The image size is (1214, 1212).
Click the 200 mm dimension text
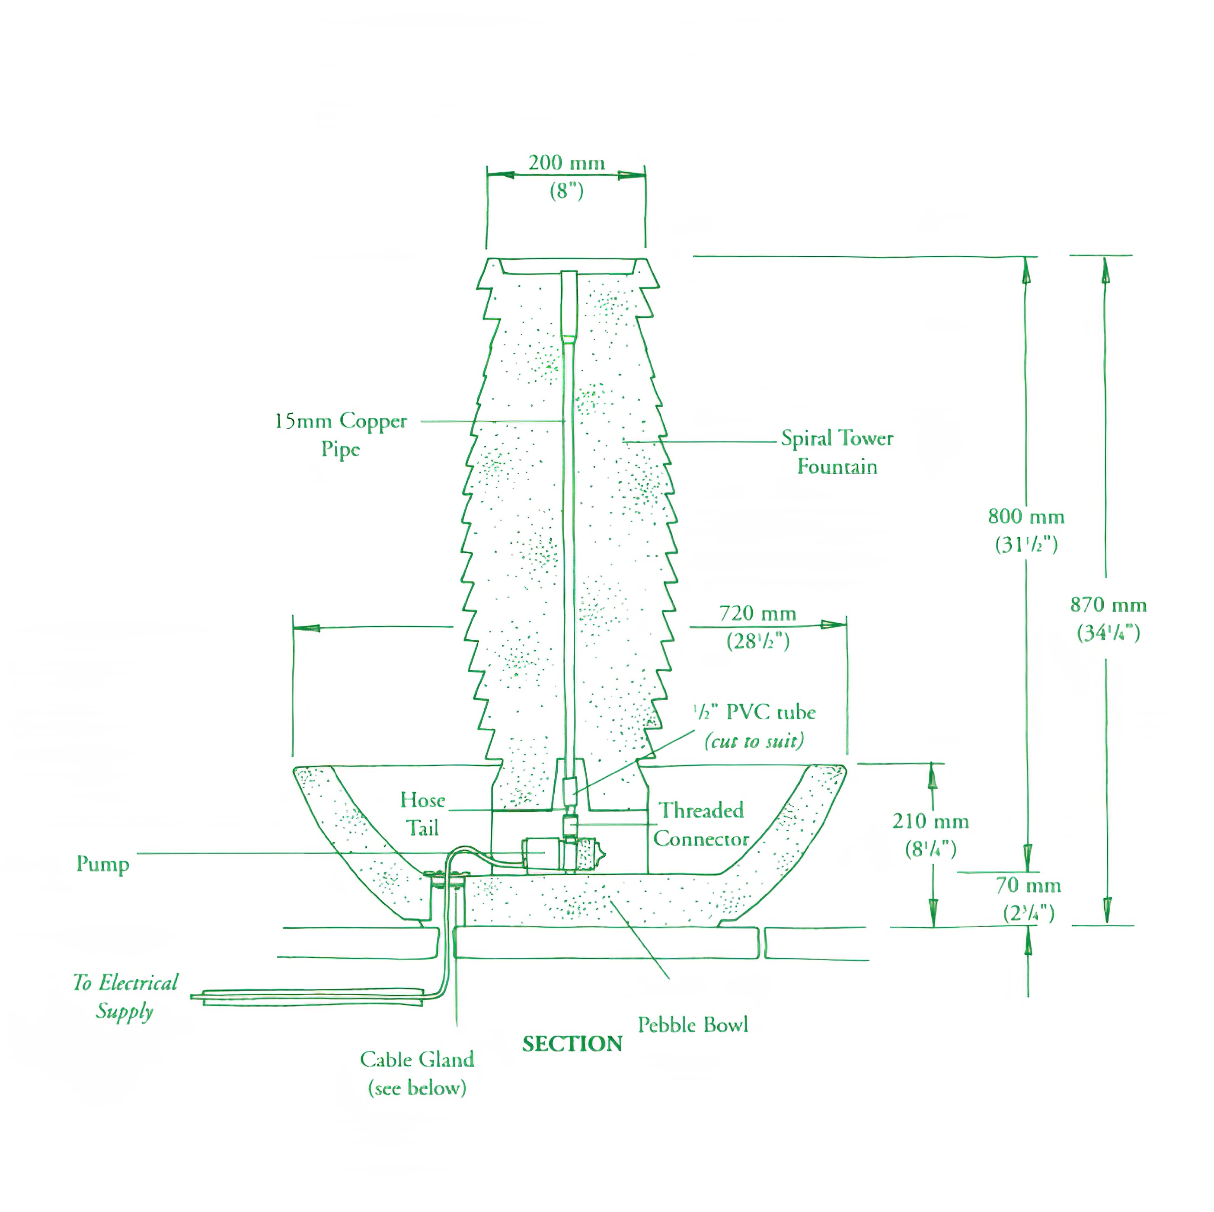tap(566, 163)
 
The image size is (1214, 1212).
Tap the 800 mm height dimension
tap(1026, 517)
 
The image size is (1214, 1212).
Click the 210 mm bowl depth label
tap(930, 820)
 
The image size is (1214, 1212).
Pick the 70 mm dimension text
tap(1028, 885)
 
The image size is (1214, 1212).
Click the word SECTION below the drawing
tap(572, 1043)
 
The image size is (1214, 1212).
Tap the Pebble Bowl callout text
tap(693, 1025)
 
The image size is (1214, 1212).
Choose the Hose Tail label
tap(422, 813)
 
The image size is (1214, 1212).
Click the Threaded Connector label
tap(701, 824)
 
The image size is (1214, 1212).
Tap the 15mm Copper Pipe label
tap(341, 434)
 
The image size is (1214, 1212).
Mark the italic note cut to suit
tap(754, 741)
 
